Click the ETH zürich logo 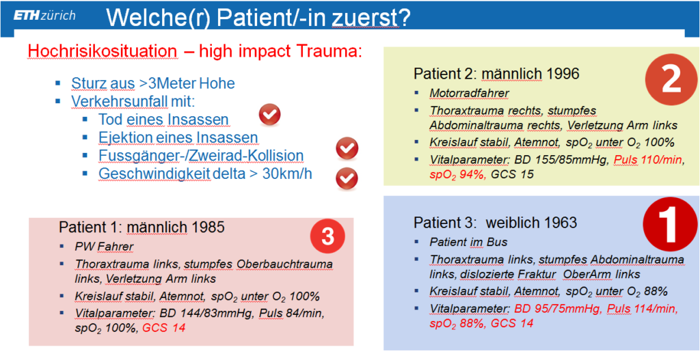[44, 16]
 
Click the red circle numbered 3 [327, 238]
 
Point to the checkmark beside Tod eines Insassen [269, 115]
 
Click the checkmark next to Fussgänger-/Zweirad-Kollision [347, 149]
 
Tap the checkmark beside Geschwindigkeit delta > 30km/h [347, 178]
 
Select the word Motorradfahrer [463, 93]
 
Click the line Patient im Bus [463, 242]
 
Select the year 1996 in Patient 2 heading [563, 73]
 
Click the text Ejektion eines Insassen [178, 138]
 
